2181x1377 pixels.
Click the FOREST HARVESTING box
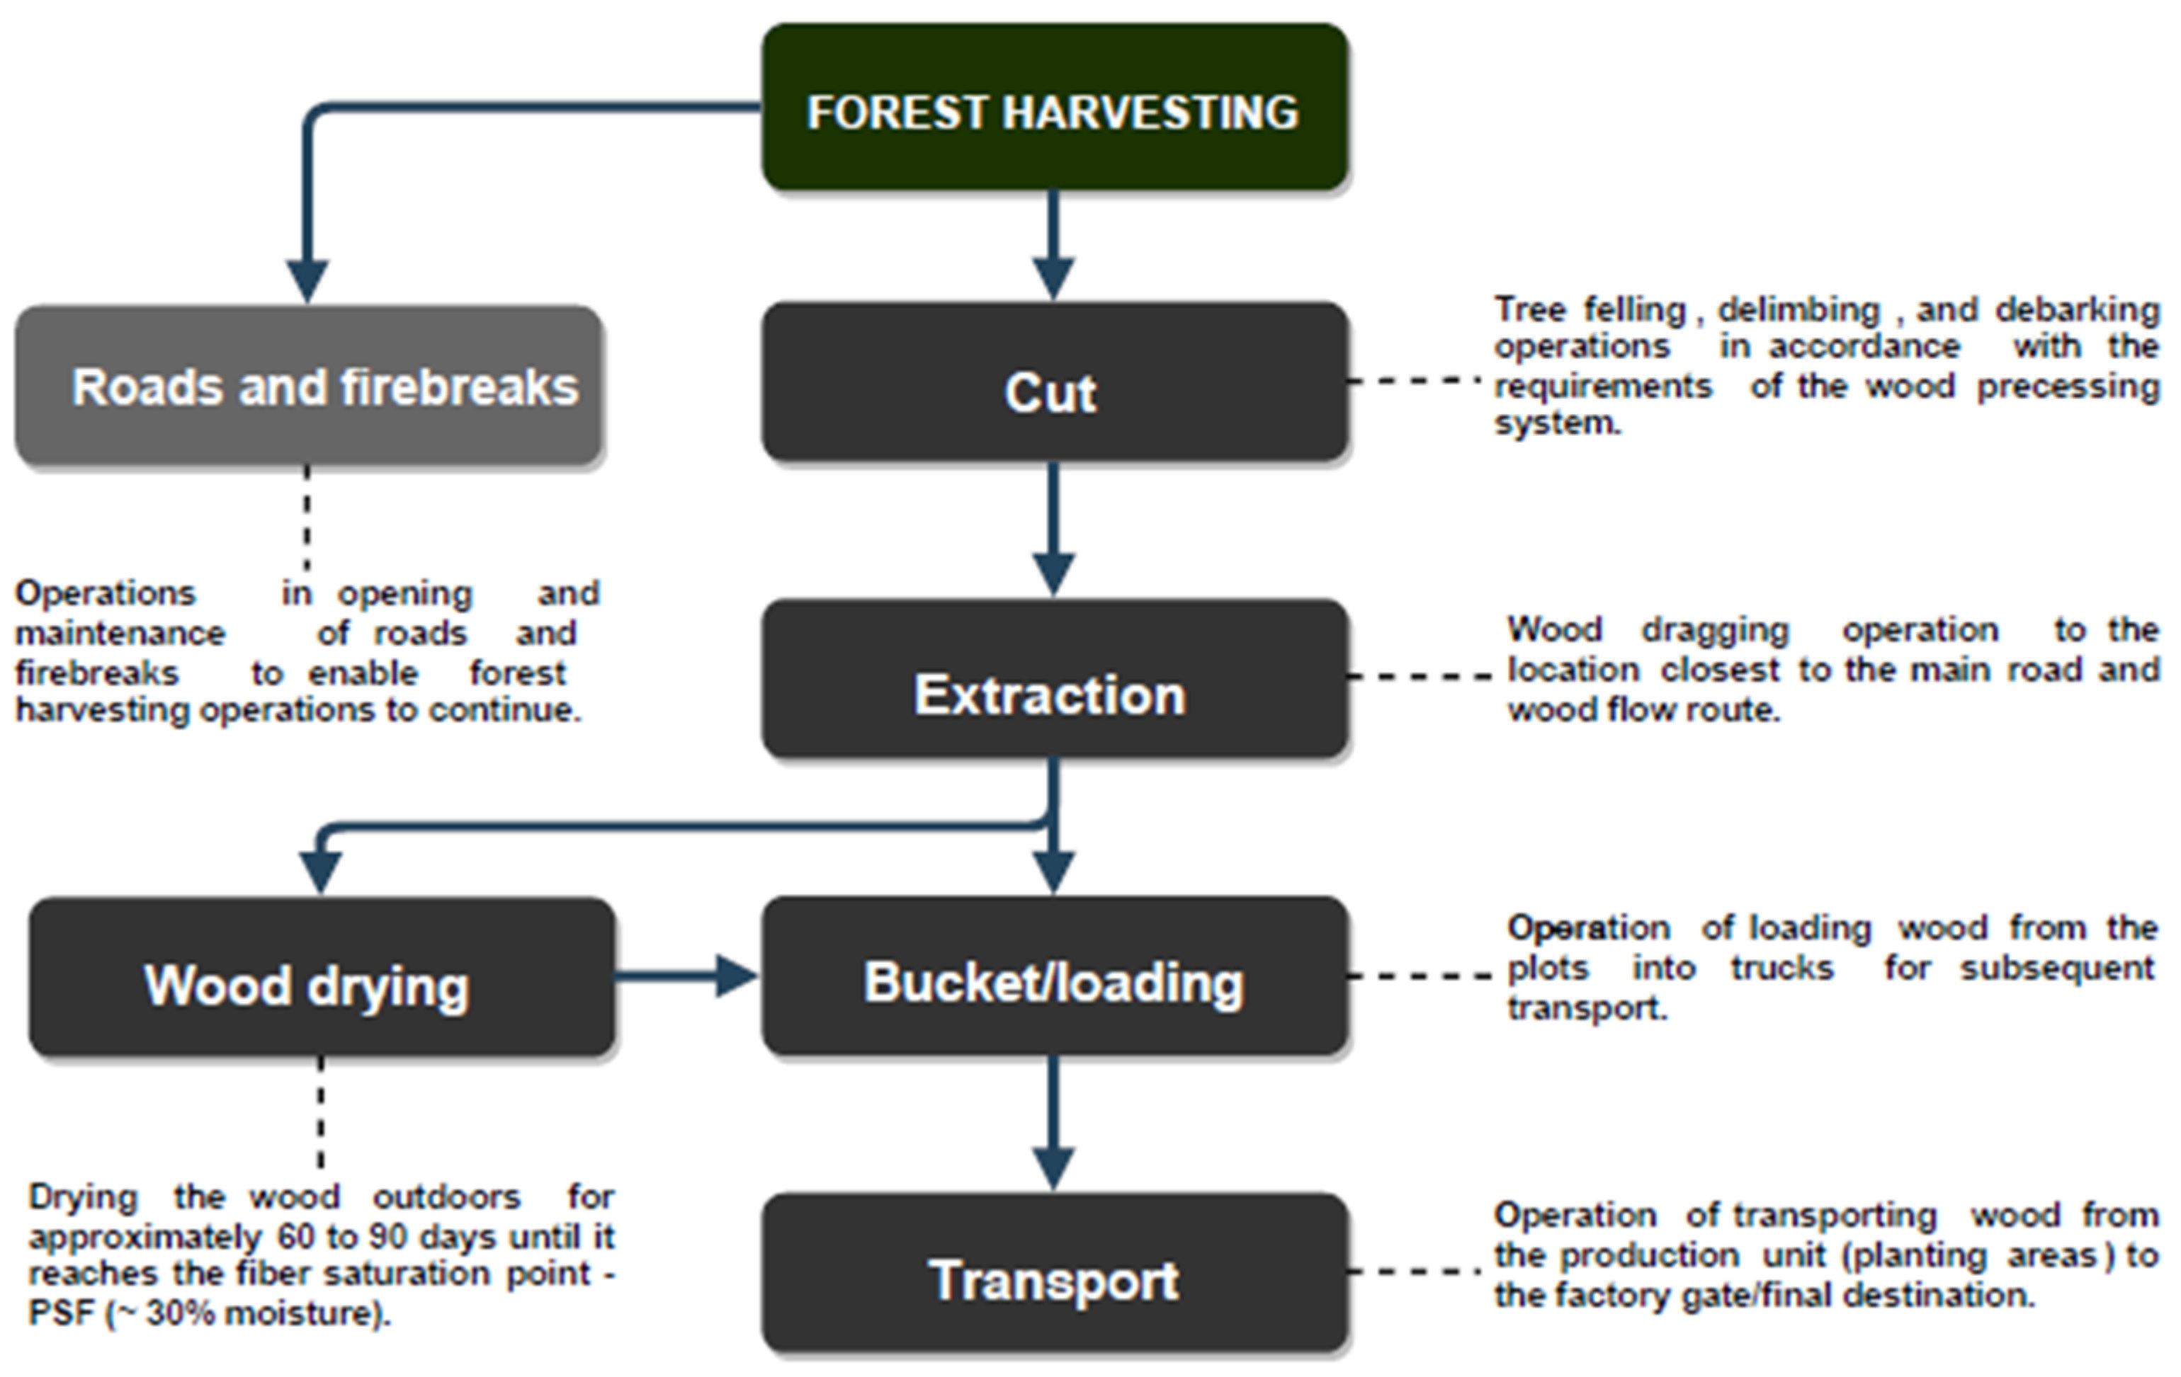[x=1054, y=108]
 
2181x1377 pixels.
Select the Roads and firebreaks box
[x=309, y=387]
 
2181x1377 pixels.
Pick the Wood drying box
[x=322, y=978]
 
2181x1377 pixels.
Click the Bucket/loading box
[x=1054, y=978]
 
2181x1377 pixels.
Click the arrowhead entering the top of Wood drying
[x=321, y=871]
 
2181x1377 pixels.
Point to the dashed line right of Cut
[x=1415, y=381]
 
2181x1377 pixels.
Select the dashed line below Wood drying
[x=321, y=1114]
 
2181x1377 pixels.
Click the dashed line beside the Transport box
[x=1415, y=1272]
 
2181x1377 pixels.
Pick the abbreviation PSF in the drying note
[x=62, y=1313]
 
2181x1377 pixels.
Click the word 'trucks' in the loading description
[x=1781, y=969]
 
